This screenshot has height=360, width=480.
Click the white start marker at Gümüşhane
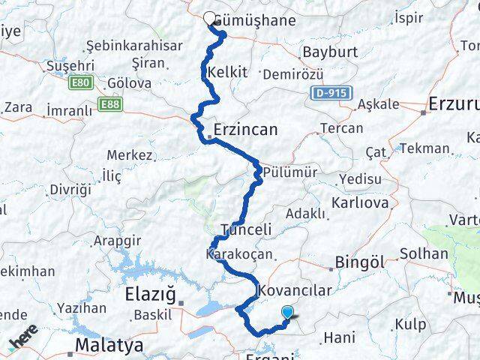click(209, 19)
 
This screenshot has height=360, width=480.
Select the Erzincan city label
click(245, 130)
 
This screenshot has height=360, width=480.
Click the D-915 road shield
click(325, 94)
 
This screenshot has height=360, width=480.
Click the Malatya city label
click(104, 346)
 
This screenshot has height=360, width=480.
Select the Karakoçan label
click(238, 255)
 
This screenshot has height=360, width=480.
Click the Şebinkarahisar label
click(134, 45)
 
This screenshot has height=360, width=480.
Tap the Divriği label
click(70, 189)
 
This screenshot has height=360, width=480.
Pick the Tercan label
click(341, 128)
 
